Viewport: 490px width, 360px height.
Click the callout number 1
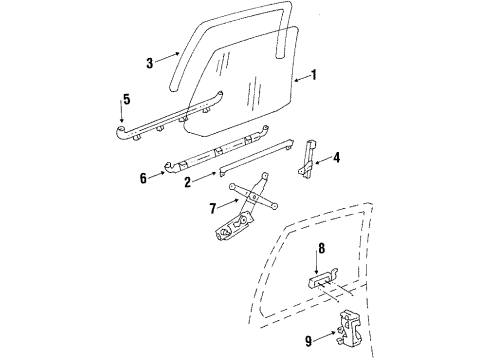tap(313, 75)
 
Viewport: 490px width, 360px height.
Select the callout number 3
tap(150, 62)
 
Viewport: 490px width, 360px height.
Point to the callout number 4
tap(336, 156)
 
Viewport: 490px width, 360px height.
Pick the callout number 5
tap(125, 100)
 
